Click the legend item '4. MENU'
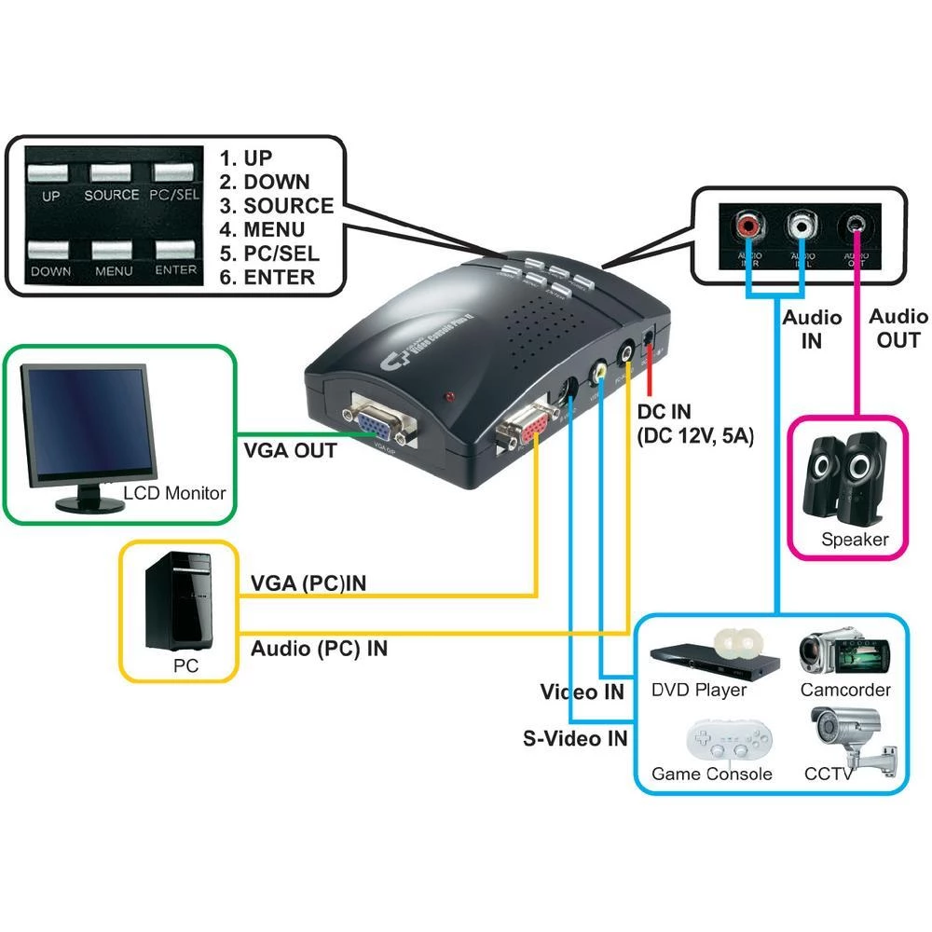275,229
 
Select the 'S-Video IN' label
575,739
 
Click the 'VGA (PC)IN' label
308,583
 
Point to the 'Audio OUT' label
898,328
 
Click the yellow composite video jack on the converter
601,371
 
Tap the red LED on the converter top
452,398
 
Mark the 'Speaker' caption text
854,540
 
